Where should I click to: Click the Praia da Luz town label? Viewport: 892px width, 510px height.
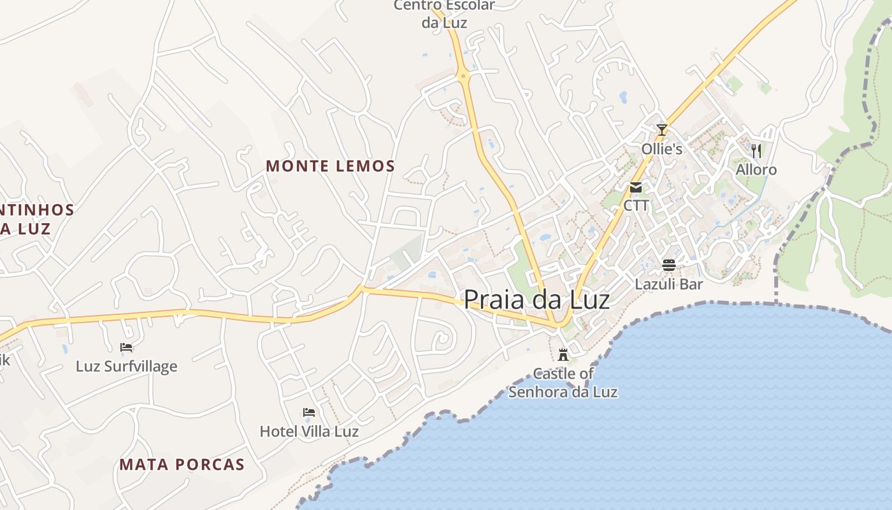pyautogui.click(x=536, y=300)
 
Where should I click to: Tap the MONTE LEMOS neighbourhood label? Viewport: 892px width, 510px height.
pyautogui.click(x=330, y=166)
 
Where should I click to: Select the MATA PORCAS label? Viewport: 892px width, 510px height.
pyautogui.click(x=182, y=464)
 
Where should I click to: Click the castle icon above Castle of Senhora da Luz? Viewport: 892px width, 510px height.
pyautogui.click(x=563, y=354)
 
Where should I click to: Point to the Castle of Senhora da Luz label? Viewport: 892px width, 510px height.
pyautogui.click(x=563, y=382)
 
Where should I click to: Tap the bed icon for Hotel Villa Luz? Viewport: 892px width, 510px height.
pyautogui.click(x=309, y=412)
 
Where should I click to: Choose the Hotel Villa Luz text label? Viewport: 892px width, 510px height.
pyautogui.click(x=309, y=432)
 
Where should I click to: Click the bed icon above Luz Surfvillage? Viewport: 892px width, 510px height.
pyautogui.click(x=126, y=347)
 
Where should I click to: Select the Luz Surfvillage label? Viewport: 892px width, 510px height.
pyautogui.click(x=126, y=367)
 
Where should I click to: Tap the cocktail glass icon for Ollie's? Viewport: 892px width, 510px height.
pyautogui.click(x=662, y=130)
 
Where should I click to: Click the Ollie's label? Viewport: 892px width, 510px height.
pyautogui.click(x=662, y=149)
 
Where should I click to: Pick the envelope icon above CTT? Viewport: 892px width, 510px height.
pyautogui.click(x=636, y=187)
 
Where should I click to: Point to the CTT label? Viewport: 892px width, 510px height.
pyautogui.click(x=636, y=205)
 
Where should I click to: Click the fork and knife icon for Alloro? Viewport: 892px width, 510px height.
pyautogui.click(x=756, y=151)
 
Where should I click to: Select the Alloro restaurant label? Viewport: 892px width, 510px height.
pyautogui.click(x=756, y=170)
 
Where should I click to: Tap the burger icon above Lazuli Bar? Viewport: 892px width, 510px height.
pyautogui.click(x=668, y=265)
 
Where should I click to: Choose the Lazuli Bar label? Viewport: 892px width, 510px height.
pyautogui.click(x=668, y=284)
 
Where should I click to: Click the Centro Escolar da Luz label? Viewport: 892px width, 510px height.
pyautogui.click(x=444, y=14)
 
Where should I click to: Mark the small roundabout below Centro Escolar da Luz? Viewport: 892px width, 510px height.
pyautogui.click(x=464, y=76)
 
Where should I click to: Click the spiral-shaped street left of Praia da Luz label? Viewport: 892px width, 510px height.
pyautogui.click(x=441, y=339)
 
